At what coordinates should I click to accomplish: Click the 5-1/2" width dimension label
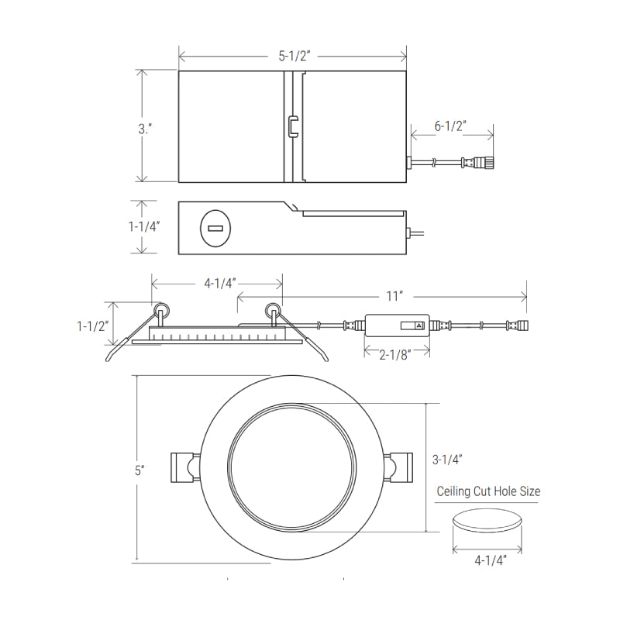(x=294, y=56)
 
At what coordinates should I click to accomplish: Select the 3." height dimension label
(x=145, y=129)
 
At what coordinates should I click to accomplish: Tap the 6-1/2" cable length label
(x=450, y=126)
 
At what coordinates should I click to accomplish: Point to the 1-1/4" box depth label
(x=144, y=226)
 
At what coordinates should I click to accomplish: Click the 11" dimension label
(x=394, y=296)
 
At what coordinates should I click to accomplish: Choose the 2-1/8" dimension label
(x=395, y=355)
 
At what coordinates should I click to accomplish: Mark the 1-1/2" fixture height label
(x=92, y=326)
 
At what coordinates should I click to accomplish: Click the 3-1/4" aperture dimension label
(x=447, y=460)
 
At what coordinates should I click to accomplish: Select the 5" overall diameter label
(x=139, y=470)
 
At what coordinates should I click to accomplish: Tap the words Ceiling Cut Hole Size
(x=488, y=491)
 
